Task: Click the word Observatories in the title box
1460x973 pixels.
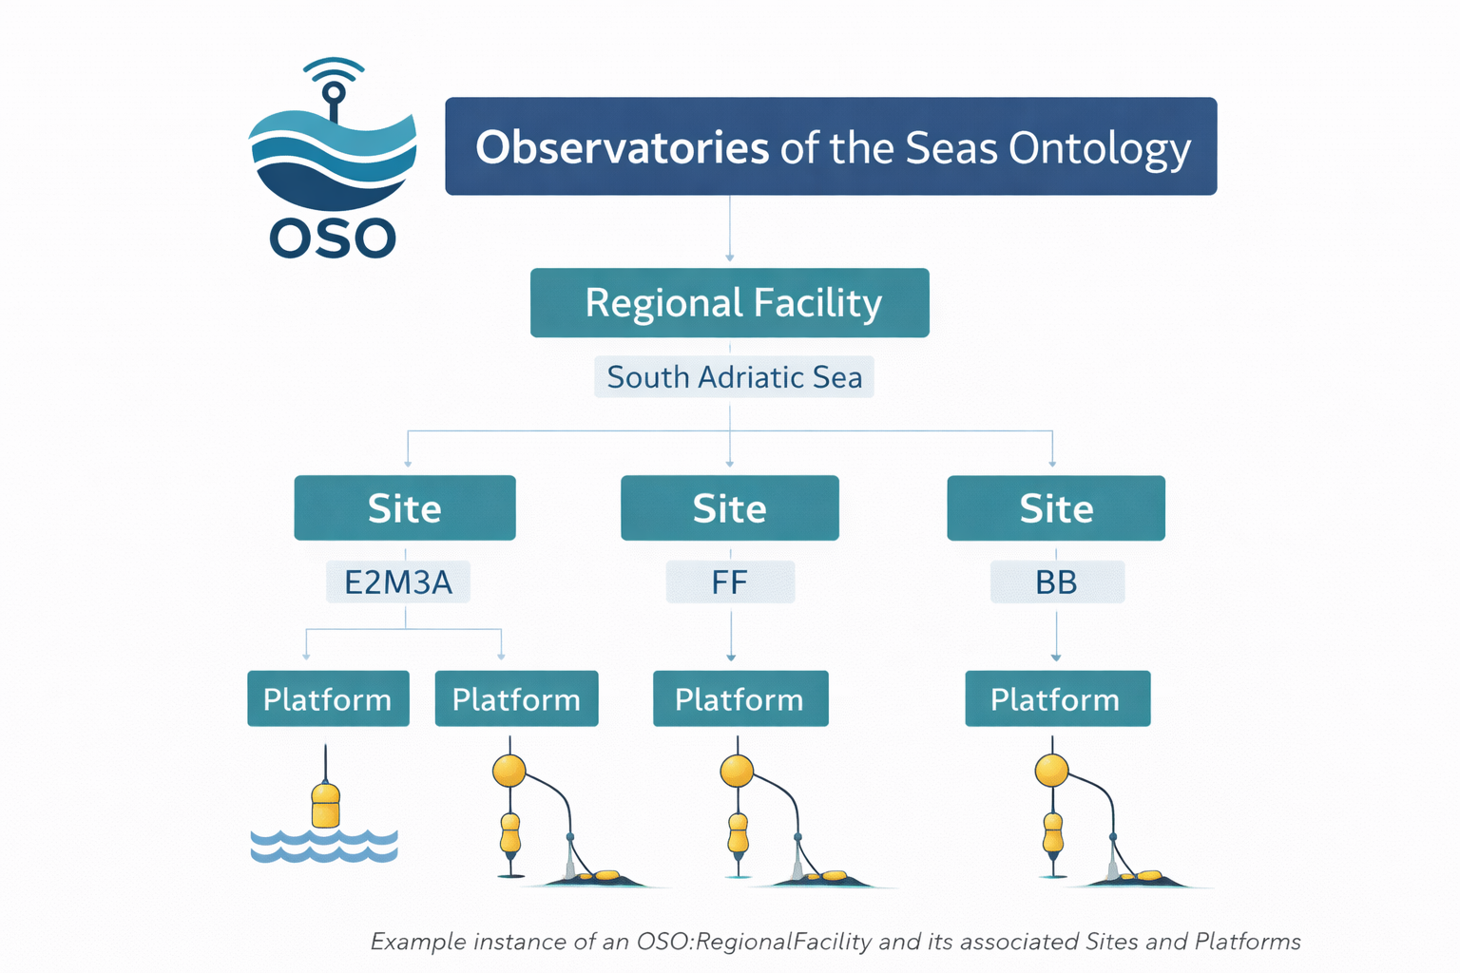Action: click(622, 148)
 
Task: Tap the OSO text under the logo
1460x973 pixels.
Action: click(333, 238)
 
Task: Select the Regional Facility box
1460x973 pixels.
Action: click(730, 303)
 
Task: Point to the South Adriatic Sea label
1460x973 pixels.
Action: click(734, 377)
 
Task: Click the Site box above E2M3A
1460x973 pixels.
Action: click(405, 508)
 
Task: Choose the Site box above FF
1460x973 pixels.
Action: click(730, 508)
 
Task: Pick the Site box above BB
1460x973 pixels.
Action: click(1056, 508)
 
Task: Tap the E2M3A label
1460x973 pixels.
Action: click(398, 582)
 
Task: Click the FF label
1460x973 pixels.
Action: click(730, 582)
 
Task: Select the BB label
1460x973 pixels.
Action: click(1056, 582)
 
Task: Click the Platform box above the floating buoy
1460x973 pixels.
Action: click(328, 699)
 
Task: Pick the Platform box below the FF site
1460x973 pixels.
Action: click(740, 699)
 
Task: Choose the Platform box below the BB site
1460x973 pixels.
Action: click(1057, 699)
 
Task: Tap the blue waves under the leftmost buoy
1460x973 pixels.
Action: click(324, 846)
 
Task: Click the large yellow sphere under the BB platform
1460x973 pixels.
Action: click(1051, 771)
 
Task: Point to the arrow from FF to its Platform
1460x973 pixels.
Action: click(731, 635)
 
